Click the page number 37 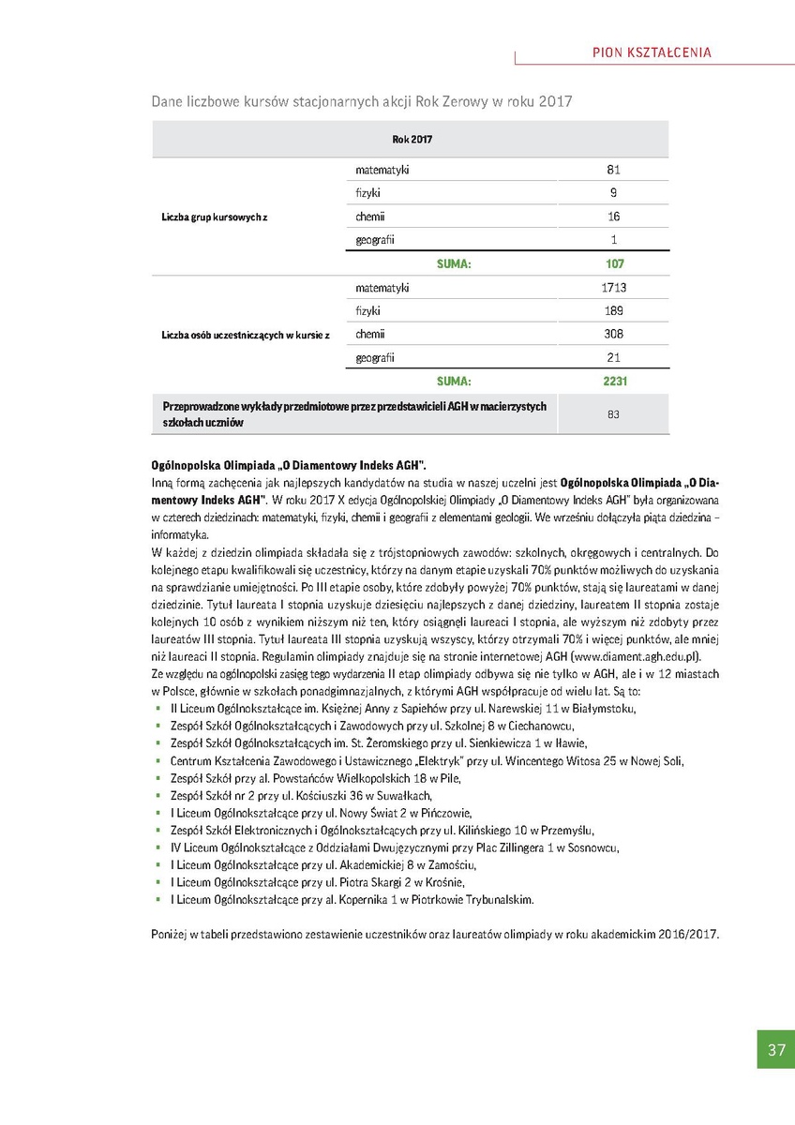point(775,1050)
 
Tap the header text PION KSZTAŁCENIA point(652,52)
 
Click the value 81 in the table point(614,170)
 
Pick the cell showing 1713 point(614,287)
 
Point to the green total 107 point(614,264)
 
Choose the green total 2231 point(614,382)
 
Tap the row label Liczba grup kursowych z point(215,217)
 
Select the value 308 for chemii point(614,334)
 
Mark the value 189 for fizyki point(614,310)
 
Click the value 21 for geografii point(614,357)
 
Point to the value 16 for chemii point(614,217)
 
